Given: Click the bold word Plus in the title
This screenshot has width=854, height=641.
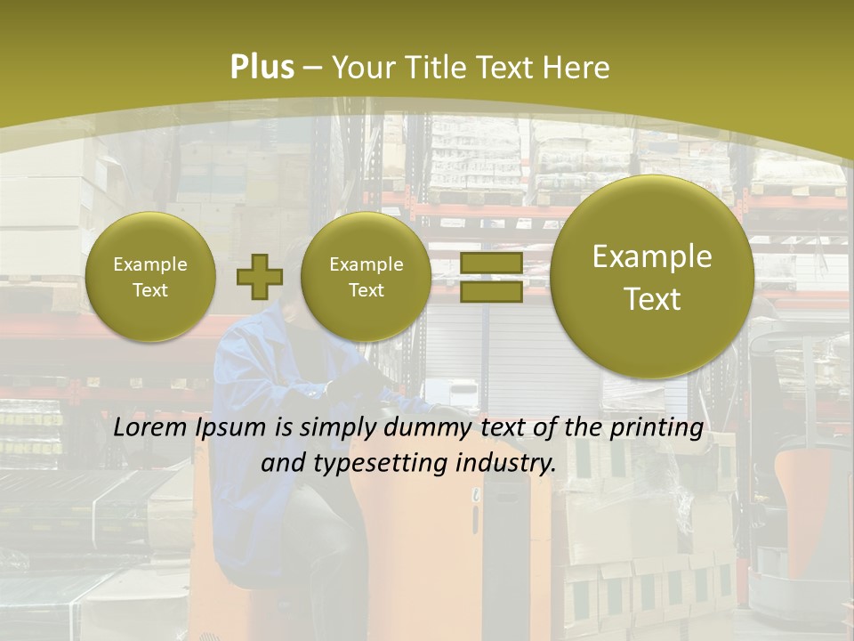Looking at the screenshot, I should tap(262, 68).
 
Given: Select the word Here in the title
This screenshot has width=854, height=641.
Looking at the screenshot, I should tap(577, 68).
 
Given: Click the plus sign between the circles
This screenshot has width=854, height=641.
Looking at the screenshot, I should tap(259, 276).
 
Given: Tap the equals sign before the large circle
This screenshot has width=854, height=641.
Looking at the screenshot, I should tap(491, 277).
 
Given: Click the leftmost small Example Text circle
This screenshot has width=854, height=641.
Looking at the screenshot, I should tap(150, 277).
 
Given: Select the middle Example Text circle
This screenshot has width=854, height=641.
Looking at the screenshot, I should tap(367, 277).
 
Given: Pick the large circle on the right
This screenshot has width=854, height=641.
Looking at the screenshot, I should tap(652, 277).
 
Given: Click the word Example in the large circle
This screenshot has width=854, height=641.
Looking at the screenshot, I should tap(652, 256).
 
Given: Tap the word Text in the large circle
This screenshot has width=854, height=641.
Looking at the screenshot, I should tap(652, 299).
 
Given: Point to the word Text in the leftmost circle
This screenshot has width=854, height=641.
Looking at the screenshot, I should tap(150, 290).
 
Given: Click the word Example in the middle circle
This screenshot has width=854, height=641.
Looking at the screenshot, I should tap(367, 264).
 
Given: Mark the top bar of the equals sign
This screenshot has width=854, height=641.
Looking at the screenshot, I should tap(491, 263).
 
